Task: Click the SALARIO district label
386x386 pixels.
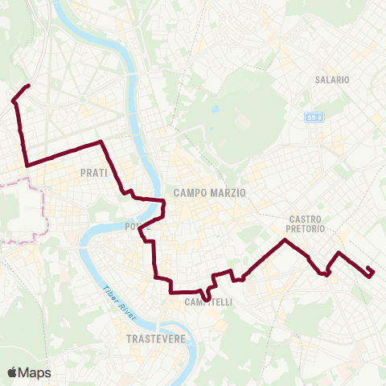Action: point(332,80)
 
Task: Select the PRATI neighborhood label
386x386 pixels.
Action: point(94,173)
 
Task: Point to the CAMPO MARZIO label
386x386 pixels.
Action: point(209,192)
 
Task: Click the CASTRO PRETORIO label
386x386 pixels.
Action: point(306,224)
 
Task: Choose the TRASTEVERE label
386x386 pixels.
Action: point(156,339)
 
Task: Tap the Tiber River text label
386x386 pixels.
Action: point(119,302)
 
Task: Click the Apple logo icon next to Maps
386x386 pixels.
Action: point(12,372)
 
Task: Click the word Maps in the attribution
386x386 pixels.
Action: point(35,372)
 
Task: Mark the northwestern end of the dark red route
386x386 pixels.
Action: point(29,85)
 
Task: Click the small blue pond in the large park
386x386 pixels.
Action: point(215,109)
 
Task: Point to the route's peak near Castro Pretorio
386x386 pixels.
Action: point(285,240)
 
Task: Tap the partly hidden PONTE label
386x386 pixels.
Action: point(138,227)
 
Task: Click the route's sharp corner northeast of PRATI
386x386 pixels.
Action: point(101,142)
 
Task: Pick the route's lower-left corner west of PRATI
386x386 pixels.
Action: point(28,165)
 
